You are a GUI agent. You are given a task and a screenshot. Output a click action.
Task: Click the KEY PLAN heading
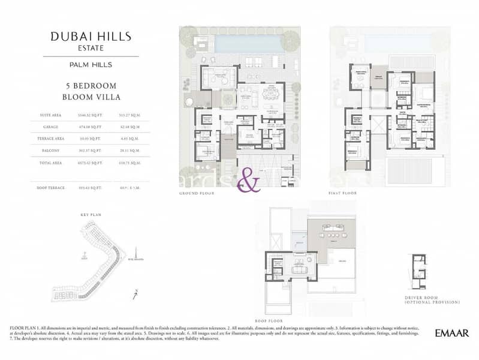[92, 214]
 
